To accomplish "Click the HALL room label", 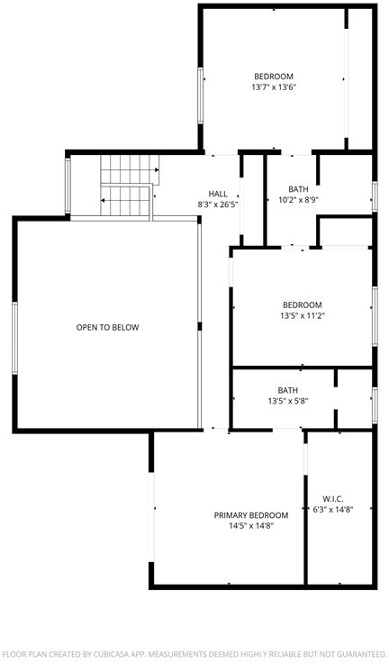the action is click(218, 194).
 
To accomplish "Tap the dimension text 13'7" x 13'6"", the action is click(274, 87).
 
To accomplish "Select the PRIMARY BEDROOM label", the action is click(251, 515).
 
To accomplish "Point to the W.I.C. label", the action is click(333, 499).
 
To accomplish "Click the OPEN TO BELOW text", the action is click(107, 327).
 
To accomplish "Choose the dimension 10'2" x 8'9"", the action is click(299, 200).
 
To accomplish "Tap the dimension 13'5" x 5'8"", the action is click(288, 401).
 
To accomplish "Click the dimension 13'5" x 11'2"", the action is click(303, 316).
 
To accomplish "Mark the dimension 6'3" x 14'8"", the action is click(333, 510).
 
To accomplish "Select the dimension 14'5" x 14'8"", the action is click(251, 526).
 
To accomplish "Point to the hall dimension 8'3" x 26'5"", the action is click(218, 205).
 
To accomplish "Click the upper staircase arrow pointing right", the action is click(130, 170).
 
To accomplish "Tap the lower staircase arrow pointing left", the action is click(125, 200).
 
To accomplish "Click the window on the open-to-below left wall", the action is click(14, 338).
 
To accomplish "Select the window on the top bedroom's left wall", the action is click(201, 95).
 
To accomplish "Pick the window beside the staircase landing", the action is click(68, 186).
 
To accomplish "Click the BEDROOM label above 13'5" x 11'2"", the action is click(303, 304).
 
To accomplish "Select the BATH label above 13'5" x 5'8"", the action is click(288, 390).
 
